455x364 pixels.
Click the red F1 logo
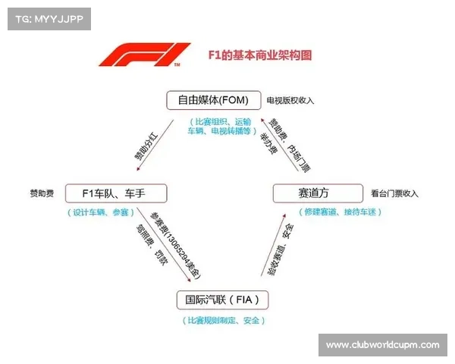pos(145,56)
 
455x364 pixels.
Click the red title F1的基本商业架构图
pos(259,55)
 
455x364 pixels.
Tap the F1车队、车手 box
pos(115,193)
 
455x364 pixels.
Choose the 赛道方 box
pos(313,193)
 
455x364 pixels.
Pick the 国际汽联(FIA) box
pos(222,300)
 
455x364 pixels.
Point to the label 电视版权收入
pos(290,100)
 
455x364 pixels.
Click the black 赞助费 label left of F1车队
pos(41,193)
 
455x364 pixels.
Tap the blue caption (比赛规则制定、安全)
pos(223,321)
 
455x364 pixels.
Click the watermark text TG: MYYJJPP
pos(46,18)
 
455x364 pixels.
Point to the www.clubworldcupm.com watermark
pos(382,345)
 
